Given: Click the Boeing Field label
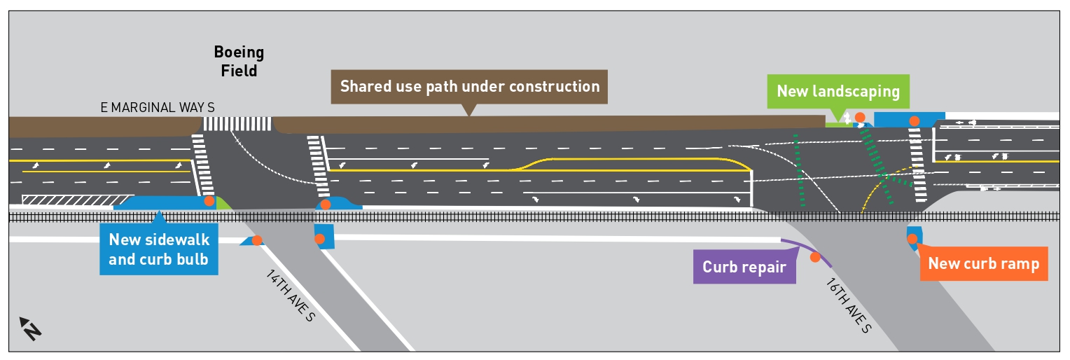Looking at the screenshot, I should (x=239, y=62).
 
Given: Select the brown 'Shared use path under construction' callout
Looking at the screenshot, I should (x=469, y=87).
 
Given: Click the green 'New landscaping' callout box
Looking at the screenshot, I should (x=838, y=91).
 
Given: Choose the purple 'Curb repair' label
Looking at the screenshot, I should (x=744, y=267).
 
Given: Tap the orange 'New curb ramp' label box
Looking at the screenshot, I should (x=983, y=263).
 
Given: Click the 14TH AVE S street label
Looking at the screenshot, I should (x=291, y=295).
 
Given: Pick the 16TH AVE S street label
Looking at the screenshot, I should (x=848, y=306).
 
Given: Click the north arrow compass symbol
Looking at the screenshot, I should (x=29, y=328).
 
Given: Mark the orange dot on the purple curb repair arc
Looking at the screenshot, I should (x=814, y=257).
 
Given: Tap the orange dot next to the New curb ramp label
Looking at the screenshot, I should (x=912, y=239).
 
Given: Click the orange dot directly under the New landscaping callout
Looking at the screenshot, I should (x=859, y=117).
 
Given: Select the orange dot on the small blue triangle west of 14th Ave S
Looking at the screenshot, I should (x=257, y=240).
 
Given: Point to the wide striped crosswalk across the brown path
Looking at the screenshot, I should (x=237, y=124).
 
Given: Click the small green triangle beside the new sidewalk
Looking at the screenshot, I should (x=223, y=204).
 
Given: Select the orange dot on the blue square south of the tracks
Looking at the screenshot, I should (x=319, y=239).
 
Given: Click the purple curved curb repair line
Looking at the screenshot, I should (x=805, y=251).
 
